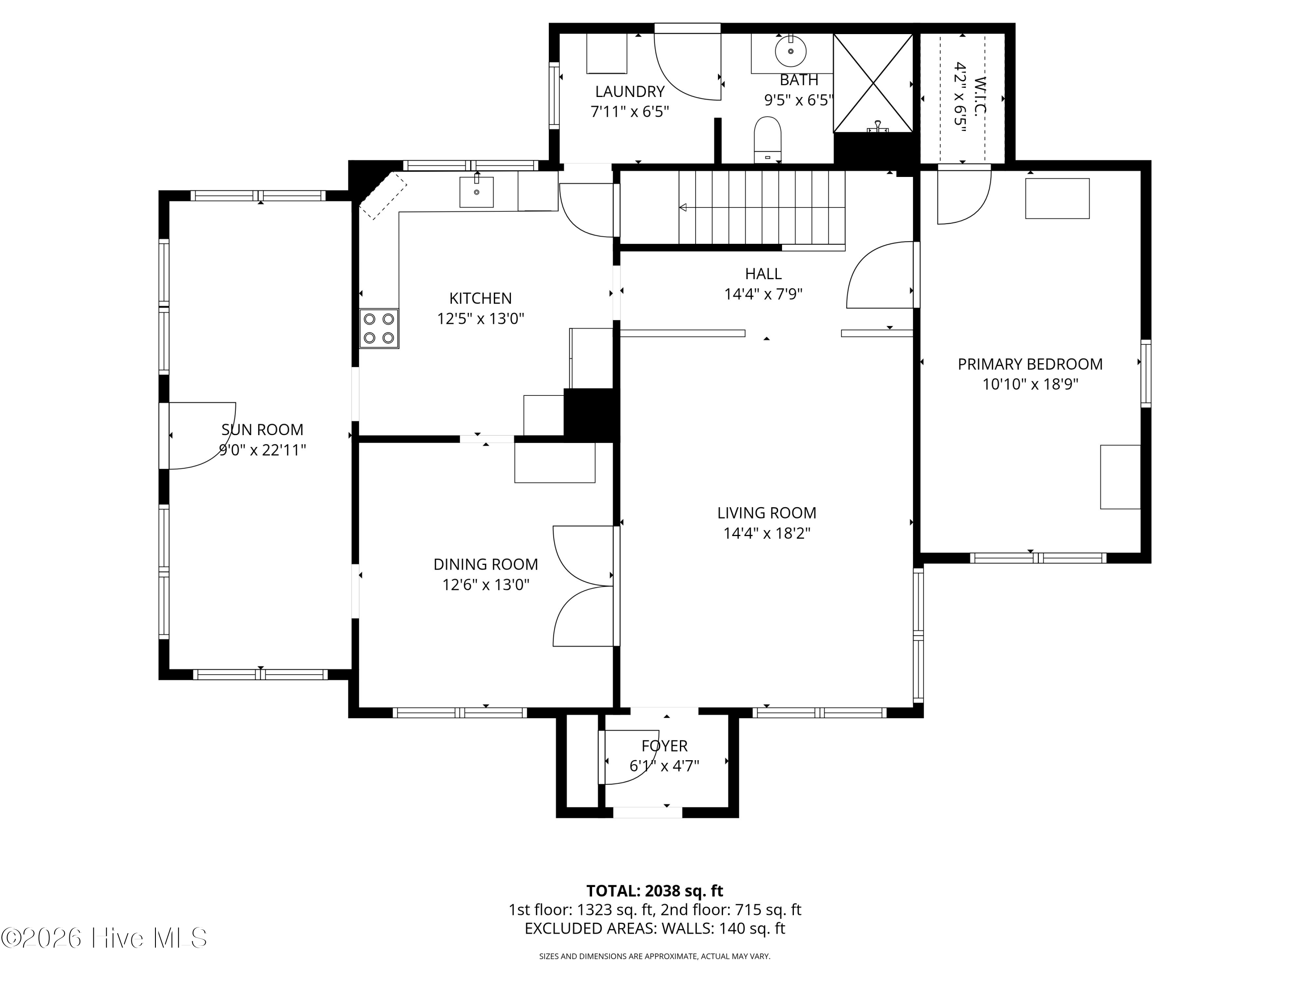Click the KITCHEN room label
pos(480,298)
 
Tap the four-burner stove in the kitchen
pos(379,328)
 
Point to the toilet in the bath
pos(768,139)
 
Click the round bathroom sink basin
pos(791,51)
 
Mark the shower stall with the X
pos(873,83)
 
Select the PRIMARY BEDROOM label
pos(1030,364)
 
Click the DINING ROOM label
pos(486,564)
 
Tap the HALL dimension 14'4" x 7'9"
pos(763,294)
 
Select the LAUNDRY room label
pos(630,91)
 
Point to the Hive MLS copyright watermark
pos(104,938)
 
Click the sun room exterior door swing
pos(203,436)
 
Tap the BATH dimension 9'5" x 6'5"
pos(798,100)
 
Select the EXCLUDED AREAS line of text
pos(655,928)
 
